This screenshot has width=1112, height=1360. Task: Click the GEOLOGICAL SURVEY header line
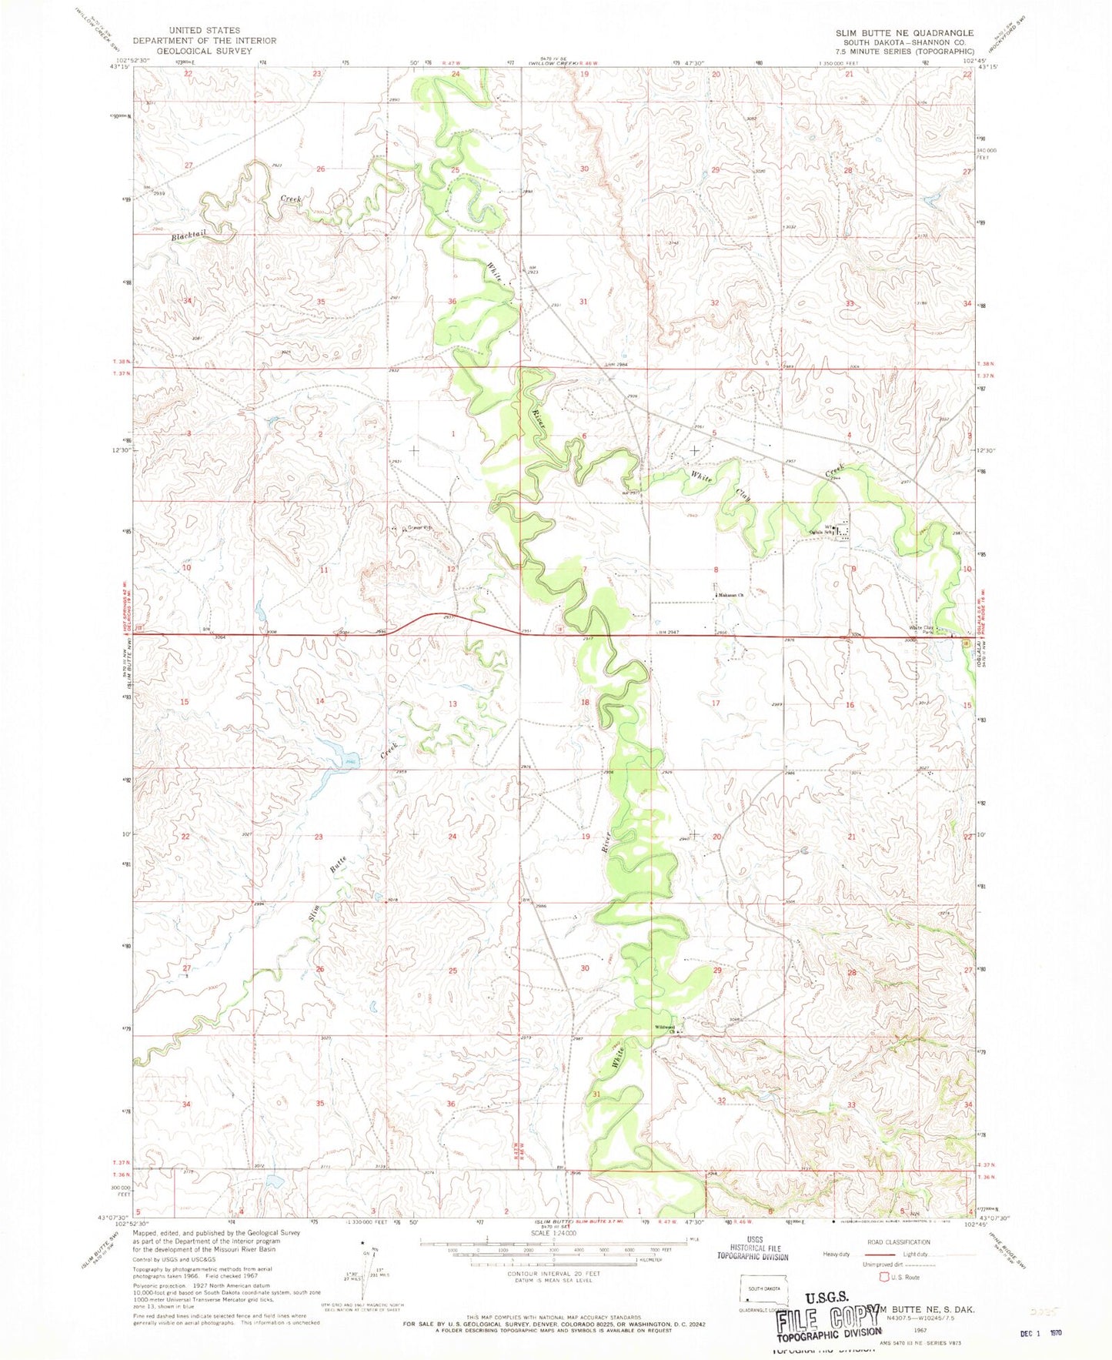[x=192, y=51]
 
